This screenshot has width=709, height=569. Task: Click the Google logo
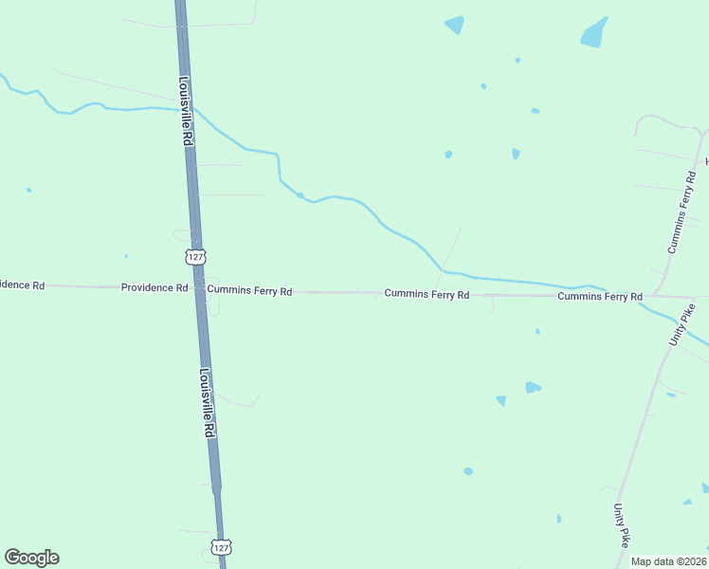click(31, 558)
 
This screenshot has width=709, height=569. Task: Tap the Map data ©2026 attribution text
click(668, 561)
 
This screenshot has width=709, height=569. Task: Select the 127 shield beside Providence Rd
click(195, 257)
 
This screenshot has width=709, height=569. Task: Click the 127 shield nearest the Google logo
click(220, 547)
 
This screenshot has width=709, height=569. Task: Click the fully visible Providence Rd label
click(154, 287)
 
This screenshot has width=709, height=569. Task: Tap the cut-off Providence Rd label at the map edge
click(21, 284)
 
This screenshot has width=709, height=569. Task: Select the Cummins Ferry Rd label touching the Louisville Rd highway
click(249, 291)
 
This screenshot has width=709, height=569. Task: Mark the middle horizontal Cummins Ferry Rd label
click(427, 295)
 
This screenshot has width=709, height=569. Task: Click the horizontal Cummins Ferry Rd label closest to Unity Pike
click(600, 297)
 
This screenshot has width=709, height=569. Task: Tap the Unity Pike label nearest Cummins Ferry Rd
click(682, 322)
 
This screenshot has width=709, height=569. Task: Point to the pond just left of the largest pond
click(455, 25)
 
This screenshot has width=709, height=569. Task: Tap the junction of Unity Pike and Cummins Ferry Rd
click(654, 296)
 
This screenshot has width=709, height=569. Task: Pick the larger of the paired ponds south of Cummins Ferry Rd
click(533, 387)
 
